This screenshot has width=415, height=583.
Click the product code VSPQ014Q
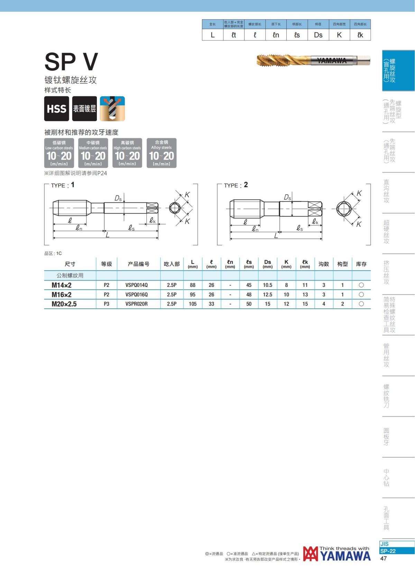coord(136,285)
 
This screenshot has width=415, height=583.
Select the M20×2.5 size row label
coord(64,304)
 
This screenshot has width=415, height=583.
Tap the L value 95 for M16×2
coord(193,294)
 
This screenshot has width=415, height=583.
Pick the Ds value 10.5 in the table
coord(267,285)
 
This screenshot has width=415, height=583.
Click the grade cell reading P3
coord(107,304)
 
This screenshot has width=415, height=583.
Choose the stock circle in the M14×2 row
coord(361,285)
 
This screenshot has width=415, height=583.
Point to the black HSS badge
coord(57,108)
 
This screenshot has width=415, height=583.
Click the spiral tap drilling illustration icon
coord(112,108)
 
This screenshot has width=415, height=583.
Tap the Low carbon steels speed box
coord(59,153)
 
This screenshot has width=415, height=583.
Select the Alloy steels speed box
coord(162,153)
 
